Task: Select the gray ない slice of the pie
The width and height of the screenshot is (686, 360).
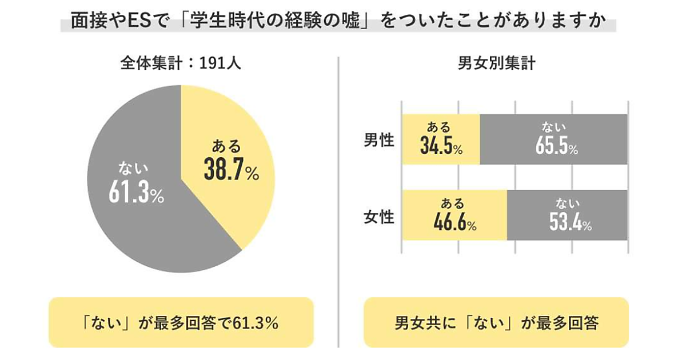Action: click(x=131, y=217)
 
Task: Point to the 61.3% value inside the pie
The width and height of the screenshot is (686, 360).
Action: click(x=136, y=193)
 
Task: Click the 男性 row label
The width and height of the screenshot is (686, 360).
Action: click(x=380, y=139)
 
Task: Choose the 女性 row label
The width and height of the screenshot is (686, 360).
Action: click(x=380, y=217)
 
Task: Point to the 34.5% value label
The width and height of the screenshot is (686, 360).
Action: click(x=441, y=146)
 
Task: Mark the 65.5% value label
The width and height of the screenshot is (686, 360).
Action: click(x=556, y=146)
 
